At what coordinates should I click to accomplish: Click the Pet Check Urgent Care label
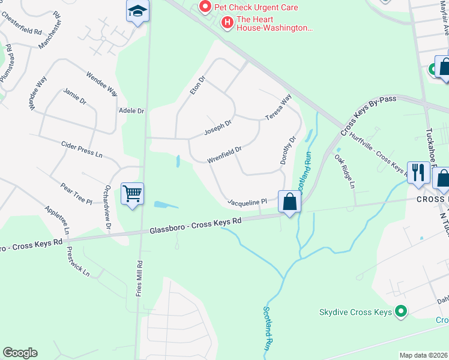pos(257,7)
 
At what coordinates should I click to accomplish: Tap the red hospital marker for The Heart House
pos(228,23)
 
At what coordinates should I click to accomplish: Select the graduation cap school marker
pos(137,11)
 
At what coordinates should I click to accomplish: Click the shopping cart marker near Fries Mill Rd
pos(132,194)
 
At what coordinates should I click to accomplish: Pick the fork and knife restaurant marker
pos(417,173)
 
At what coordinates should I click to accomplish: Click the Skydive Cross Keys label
pos(355,312)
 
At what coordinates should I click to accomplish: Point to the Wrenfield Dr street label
pos(224,154)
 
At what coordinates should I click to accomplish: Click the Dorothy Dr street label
pos(288,150)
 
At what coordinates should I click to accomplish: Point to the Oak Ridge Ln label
pos(345,170)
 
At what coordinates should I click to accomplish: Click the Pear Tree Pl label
pos(76,193)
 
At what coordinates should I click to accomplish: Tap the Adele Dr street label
pos(132,111)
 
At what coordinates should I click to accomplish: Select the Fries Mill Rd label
pos(139,278)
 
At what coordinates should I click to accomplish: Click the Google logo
pos(20,353)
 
